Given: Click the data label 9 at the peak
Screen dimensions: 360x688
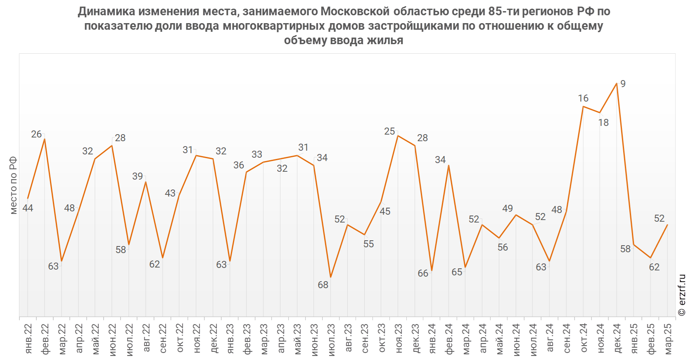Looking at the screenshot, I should point(623,84).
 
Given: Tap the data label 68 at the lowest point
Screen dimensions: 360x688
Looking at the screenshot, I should point(323,285).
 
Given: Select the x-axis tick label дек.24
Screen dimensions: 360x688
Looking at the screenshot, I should point(617,339).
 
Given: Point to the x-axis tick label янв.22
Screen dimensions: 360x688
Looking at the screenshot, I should point(28,339).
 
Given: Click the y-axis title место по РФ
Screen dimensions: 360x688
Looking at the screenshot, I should point(13,185).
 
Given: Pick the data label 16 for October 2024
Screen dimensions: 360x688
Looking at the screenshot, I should point(583,98).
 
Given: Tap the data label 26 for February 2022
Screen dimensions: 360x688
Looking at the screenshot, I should point(36,134).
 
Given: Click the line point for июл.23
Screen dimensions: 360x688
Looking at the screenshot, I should point(331,277).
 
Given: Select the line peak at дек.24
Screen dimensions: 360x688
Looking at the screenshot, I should point(617,84).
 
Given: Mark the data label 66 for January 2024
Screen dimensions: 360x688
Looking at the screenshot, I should point(423,273).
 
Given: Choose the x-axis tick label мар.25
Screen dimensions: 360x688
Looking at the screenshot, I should point(668,339).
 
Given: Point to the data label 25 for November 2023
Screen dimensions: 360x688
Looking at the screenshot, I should point(389,131).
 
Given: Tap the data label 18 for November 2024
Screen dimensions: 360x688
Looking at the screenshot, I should point(603,123).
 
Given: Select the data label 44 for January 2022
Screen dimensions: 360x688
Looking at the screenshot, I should point(28,208).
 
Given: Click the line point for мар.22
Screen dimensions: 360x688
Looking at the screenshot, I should point(62,261).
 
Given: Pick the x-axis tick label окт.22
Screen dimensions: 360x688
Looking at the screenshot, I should point(180,339).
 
